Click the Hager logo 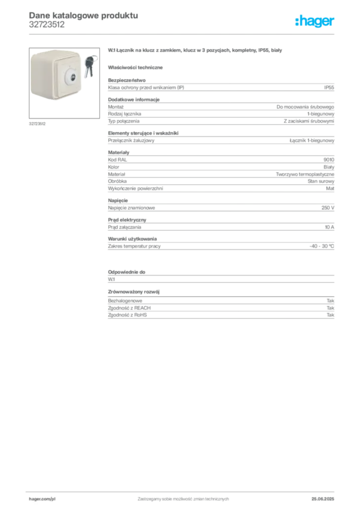315,21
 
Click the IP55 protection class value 329,87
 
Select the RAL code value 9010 329,160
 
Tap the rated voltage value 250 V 328,208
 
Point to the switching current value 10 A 329,227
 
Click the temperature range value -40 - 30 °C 321,246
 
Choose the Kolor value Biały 329,167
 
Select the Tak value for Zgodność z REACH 330,308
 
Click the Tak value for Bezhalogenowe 330,301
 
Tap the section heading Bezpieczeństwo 127,80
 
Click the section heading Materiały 118,152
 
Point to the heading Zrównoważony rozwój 134,291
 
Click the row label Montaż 116,107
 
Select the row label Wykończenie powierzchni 135,188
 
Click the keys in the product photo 90,66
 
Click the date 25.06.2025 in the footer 323,499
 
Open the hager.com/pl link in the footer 42,499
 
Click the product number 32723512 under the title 47,25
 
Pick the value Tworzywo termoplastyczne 305,174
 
